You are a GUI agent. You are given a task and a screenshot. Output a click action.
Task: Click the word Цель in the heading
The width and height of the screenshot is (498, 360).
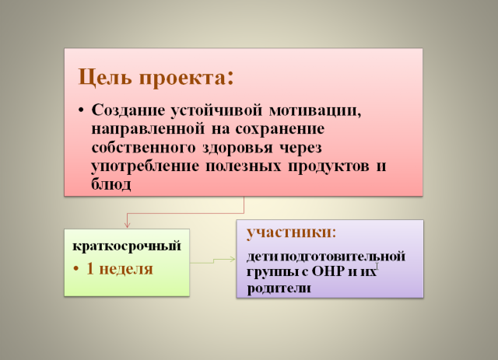105,77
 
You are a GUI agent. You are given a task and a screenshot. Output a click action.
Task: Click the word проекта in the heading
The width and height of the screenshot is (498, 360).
183,78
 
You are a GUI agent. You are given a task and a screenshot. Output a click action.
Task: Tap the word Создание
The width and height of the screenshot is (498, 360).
128,110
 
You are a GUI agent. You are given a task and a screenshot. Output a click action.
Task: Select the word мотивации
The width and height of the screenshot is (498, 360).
314,110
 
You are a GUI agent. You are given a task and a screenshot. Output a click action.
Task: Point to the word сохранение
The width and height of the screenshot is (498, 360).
280,129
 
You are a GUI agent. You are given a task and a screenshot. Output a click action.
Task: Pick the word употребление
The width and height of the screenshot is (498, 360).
145,166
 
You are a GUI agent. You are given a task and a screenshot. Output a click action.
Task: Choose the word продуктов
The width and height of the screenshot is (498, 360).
328,166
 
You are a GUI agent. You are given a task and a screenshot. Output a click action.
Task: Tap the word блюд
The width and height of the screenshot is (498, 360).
111,184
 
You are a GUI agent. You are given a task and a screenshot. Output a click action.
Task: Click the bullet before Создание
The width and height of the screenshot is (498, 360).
81,110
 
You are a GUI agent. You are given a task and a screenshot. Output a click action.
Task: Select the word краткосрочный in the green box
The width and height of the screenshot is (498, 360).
127,246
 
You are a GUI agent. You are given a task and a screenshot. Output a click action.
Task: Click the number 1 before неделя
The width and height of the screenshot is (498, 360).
90,268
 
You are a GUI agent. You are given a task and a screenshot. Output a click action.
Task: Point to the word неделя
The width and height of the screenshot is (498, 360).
126,270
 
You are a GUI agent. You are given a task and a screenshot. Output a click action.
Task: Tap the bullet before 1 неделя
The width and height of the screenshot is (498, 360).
76,269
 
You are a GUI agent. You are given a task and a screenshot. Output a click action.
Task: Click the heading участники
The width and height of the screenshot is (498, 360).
291,232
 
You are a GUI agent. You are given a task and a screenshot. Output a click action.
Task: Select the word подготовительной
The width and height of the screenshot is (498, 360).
343,257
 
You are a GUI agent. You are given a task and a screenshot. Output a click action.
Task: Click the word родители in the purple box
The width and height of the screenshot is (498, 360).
279,288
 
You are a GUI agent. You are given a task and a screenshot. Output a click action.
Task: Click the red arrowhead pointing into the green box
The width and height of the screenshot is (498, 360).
127,225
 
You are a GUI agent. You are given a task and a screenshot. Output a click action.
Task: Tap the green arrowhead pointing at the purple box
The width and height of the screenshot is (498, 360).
233,260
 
